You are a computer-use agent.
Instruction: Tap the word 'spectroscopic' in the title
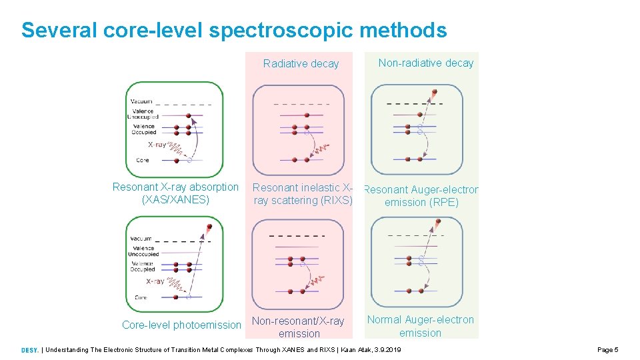[x=285, y=31]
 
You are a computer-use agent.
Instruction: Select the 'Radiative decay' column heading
[x=301, y=64]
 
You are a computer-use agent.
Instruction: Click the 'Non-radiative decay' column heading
[x=425, y=63]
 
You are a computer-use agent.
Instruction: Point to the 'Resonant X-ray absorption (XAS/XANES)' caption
[x=175, y=193]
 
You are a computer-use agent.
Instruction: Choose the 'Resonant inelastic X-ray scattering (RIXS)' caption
[x=302, y=194]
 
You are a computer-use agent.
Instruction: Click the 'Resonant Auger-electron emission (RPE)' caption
[x=421, y=196]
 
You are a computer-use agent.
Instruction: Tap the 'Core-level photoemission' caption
[x=181, y=325]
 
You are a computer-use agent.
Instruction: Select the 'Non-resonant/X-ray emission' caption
[x=299, y=327]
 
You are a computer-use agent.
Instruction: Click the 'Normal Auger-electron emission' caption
[x=420, y=326]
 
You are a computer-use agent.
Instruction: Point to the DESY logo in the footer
[x=29, y=350]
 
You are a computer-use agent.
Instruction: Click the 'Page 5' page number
[x=608, y=350]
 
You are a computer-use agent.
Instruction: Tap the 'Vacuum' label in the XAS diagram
[x=142, y=101]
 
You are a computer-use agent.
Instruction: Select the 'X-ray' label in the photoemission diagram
[x=155, y=281]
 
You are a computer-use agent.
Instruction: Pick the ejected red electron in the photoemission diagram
[x=209, y=227]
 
